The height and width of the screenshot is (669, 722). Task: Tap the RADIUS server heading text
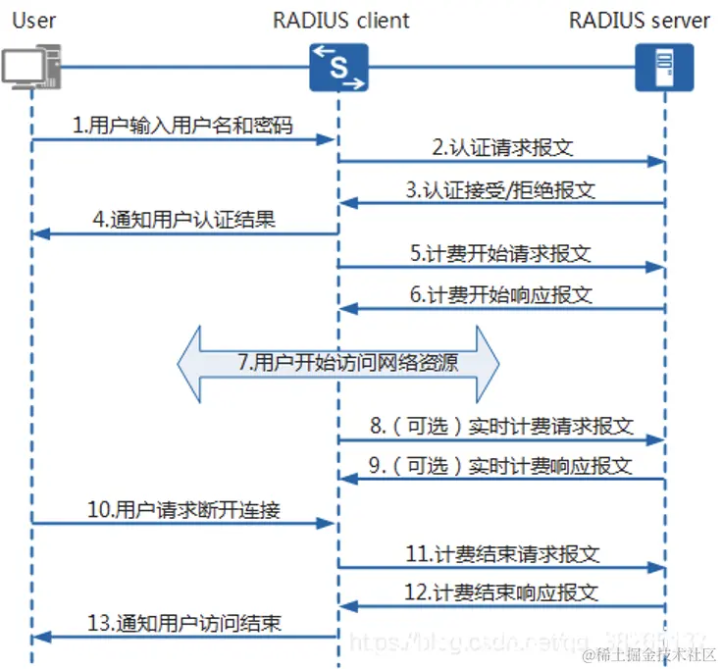639,20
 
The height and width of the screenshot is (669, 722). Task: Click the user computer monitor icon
24,67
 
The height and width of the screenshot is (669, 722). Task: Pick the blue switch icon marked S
338,68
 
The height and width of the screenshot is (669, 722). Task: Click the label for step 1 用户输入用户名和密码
182,126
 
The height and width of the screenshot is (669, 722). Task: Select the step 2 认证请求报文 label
501,148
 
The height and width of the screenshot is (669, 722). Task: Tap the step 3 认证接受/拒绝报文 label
500,189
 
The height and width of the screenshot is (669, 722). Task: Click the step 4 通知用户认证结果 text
184,219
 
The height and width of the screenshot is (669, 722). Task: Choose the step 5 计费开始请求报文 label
501,252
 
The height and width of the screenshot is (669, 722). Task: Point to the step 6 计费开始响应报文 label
501,294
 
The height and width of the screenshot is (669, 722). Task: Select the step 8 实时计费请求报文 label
501,427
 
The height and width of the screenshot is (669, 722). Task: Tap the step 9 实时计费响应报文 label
501,465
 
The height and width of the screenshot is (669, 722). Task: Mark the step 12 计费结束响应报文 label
501,592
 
